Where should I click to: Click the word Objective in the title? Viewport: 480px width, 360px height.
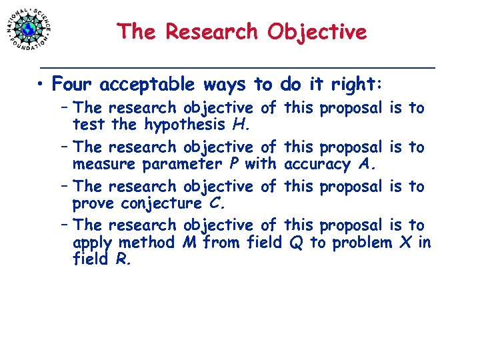click(317, 31)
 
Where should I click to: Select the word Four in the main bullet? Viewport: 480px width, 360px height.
click(73, 85)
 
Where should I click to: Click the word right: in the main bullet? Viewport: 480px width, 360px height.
click(355, 85)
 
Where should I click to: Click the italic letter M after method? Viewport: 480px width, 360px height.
click(189, 242)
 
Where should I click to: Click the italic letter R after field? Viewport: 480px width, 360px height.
click(121, 259)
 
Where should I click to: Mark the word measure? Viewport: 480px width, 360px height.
click(101, 164)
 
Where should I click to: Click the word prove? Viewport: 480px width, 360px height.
click(93, 203)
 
